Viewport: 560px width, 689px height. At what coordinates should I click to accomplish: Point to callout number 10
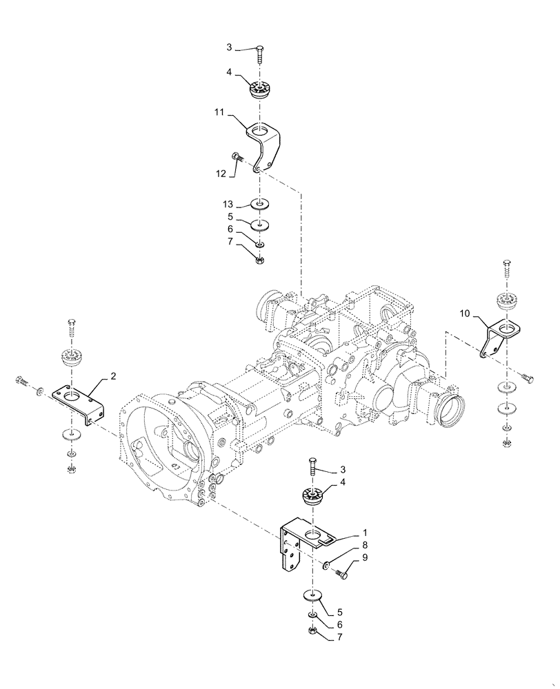click(x=465, y=313)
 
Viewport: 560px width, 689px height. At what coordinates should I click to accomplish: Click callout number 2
click(x=112, y=377)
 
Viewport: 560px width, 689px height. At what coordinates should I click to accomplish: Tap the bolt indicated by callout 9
click(x=343, y=572)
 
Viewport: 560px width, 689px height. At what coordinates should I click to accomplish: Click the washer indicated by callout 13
click(x=261, y=205)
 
